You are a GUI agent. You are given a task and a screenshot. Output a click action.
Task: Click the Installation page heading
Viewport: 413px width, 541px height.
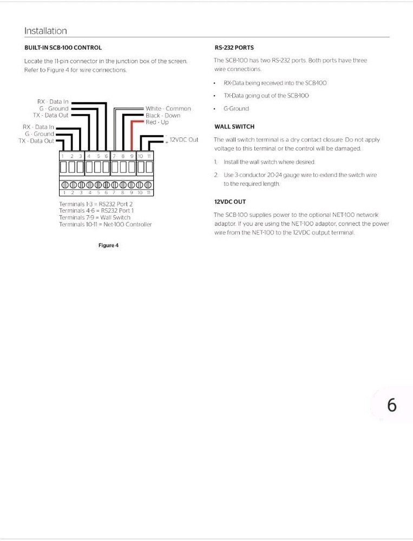pyautogui.click(x=45, y=31)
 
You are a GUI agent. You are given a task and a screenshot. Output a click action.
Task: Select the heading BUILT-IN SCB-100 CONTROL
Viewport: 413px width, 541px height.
pyautogui.click(x=63, y=48)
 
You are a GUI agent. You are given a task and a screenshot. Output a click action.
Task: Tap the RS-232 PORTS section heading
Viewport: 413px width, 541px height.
pyautogui.click(x=234, y=48)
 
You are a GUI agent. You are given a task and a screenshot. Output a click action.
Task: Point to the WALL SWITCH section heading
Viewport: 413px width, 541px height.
pyautogui.click(x=234, y=127)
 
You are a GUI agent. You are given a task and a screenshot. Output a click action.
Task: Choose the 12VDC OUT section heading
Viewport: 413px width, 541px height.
pyautogui.click(x=230, y=202)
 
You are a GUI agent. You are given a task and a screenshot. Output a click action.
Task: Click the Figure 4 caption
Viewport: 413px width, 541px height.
pyautogui.click(x=108, y=246)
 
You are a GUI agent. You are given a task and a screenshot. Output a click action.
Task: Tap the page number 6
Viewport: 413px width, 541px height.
pyautogui.click(x=392, y=405)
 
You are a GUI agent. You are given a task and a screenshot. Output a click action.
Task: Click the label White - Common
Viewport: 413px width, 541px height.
pyautogui.click(x=168, y=109)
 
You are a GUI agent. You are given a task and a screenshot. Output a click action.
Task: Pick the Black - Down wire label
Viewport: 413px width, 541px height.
pyautogui.click(x=163, y=116)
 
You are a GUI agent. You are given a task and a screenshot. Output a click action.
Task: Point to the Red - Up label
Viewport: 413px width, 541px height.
pyautogui.click(x=157, y=122)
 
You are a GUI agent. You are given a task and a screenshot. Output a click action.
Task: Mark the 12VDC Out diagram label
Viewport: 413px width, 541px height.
pyautogui.click(x=184, y=140)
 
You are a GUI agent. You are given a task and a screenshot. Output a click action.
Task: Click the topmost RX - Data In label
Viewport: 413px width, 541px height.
pyautogui.click(x=53, y=102)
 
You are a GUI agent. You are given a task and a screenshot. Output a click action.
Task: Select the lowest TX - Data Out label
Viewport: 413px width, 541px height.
pyautogui.click(x=36, y=141)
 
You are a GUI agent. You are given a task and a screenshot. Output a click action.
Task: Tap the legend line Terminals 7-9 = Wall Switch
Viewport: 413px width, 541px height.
pyautogui.click(x=95, y=217)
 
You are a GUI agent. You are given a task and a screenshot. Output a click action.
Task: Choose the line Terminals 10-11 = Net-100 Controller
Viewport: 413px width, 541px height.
pyautogui.click(x=105, y=225)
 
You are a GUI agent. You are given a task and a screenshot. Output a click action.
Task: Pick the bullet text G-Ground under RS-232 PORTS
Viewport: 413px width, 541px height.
pyautogui.click(x=236, y=109)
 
